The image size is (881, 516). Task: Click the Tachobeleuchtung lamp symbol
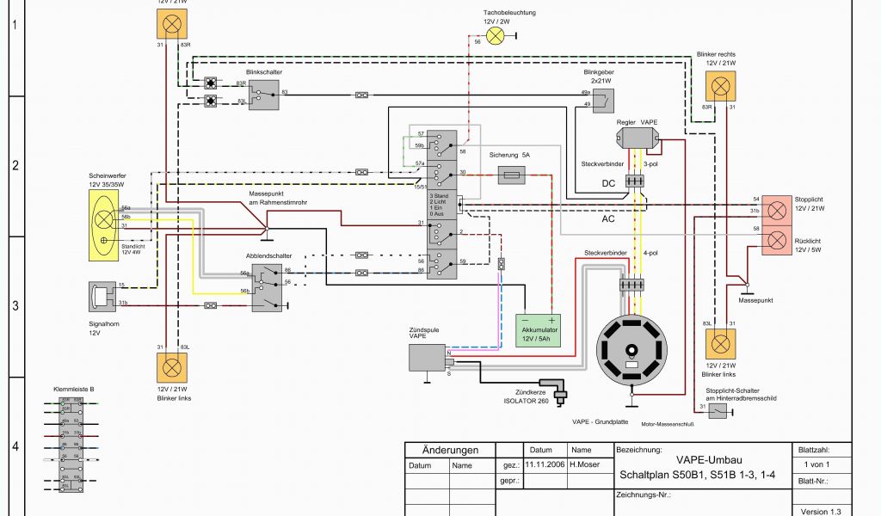[x=496, y=35]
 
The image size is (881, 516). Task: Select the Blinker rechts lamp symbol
[x=721, y=86]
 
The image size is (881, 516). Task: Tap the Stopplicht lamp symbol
[x=777, y=209]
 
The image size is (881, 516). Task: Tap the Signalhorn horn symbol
[x=101, y=295]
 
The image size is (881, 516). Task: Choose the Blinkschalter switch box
[x=264, y=95]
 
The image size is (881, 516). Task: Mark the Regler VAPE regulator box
[x=637, y=138]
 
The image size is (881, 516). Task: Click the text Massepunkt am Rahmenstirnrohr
[x=278, y=198]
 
